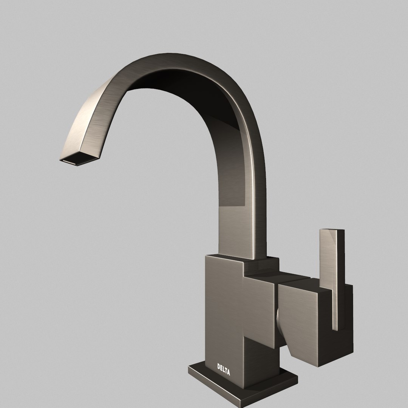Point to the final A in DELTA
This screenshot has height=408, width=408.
click(228, 373)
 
